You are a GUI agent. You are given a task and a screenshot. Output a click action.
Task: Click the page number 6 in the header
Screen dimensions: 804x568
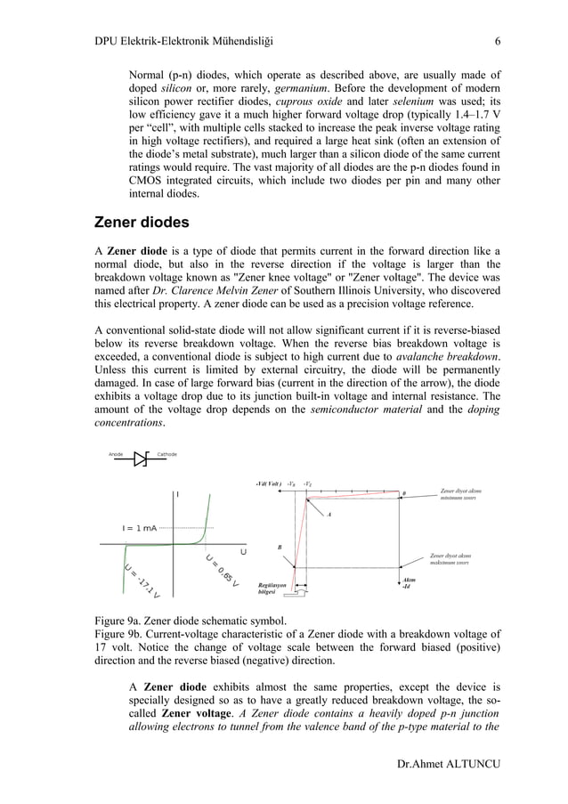point(498,41)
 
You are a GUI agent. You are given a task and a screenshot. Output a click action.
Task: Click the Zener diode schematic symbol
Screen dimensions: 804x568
point(141,459)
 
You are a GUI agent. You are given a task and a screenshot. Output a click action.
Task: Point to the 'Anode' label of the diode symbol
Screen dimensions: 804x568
point(116,455)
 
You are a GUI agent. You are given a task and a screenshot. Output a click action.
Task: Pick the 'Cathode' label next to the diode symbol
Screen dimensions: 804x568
point(166,455)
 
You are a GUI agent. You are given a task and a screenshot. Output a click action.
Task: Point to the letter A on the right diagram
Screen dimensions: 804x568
point(329,515)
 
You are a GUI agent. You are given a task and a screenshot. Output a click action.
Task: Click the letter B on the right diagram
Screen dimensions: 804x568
point(279,548)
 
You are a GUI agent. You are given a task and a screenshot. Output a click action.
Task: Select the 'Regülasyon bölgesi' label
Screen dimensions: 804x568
point(271,589)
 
